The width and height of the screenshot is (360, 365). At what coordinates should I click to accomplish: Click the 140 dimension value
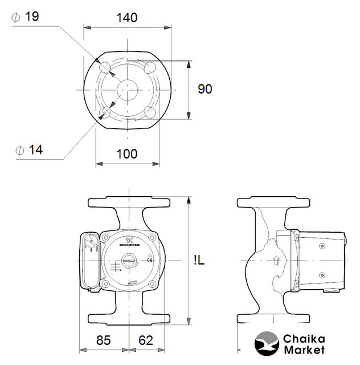tap(126, 18)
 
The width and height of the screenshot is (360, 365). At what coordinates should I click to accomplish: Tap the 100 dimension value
tap(126, 154)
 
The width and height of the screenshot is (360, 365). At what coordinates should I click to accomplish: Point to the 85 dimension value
tap(103, 340)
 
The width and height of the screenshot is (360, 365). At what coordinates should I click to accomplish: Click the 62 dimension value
tap(146, 340)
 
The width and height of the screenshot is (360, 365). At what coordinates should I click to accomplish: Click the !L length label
tap(199, 261)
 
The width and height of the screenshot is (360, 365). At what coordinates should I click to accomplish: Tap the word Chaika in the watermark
tap(304, 338)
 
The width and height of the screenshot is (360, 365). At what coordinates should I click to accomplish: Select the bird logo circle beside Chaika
tap(266, 344)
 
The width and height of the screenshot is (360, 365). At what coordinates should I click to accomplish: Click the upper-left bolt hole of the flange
tap(105, 68)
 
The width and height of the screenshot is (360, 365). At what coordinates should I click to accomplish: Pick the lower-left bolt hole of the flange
tap(105, 111)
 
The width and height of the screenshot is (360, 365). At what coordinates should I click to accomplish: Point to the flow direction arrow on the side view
tap(276, 261)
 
